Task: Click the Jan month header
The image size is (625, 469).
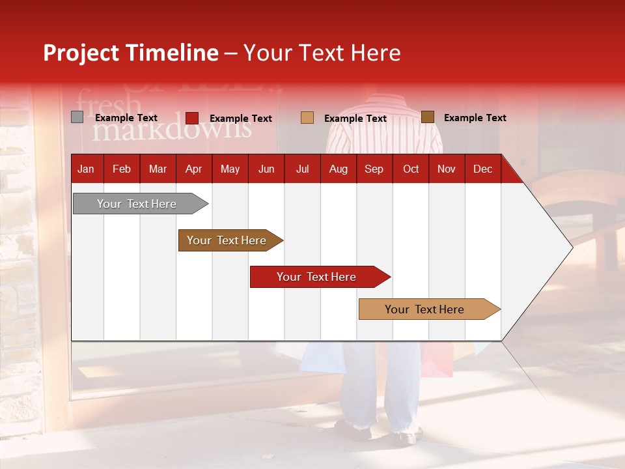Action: point(86,169)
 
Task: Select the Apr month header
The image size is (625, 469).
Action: point(193,169)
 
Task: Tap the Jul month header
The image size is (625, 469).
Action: point(302,169)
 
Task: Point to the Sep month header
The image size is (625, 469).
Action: point(374,169)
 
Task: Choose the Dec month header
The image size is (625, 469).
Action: point(482,169)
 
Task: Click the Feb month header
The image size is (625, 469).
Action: point(122,169)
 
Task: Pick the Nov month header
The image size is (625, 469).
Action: point(446,169)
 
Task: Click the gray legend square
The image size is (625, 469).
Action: point(77,117)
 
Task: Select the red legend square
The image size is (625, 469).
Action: point(192,118)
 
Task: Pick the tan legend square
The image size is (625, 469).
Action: point(307,118)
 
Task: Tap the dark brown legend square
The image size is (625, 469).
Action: point(427,117)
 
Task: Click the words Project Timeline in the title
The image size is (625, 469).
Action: point(131,53)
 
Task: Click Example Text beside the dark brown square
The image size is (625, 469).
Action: point(475,118)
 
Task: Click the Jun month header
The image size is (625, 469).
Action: point(266,169)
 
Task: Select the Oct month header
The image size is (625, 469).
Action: point(411,169)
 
